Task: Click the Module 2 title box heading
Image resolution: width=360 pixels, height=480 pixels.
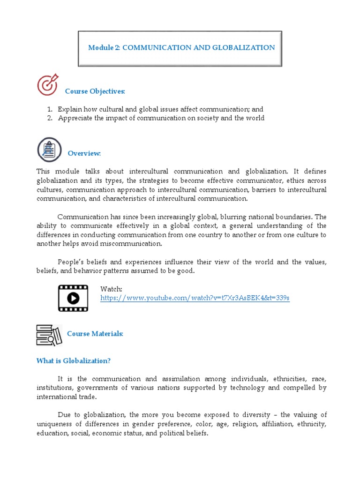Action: [181, 48]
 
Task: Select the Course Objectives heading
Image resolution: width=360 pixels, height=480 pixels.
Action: [95, 91]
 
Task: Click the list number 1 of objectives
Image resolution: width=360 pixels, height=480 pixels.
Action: [49, 109]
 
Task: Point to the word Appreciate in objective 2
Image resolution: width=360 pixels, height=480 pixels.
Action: [75, 118]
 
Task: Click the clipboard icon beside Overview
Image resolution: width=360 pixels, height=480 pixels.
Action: [49, 150]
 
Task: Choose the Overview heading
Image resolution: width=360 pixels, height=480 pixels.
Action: [84, 153]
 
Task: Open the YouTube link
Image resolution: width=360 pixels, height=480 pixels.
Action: [195, 298]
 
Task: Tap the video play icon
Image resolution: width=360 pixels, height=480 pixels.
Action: [73, 298]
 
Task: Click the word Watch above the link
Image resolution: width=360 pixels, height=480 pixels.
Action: [111, 289]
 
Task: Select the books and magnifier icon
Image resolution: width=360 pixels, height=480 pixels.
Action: [49, 335]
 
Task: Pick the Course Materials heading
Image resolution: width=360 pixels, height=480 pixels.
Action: [95, 334]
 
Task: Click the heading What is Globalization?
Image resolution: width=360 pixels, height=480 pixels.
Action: [74, 361]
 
